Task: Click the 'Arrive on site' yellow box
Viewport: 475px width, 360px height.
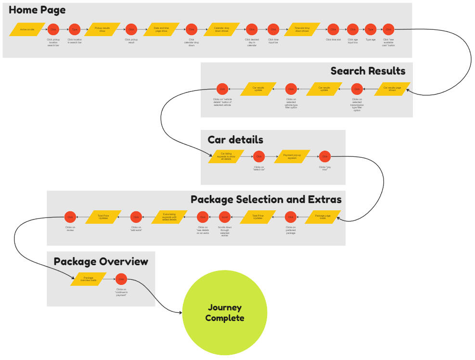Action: pyautogui.click(x=27, y=29)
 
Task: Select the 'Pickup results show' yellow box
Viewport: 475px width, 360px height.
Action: pyautogui.click(x=102, y=29)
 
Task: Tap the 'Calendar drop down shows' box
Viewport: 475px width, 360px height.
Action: pyautogui.click(x=221, y=29)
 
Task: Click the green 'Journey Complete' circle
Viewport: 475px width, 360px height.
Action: pyautogui.click(x=224, y=313)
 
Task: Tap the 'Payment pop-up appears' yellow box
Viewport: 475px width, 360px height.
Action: pyautogui.click(x=292, y=156)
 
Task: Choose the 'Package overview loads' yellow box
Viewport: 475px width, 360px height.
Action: pyautogui.click(x=88, y=279)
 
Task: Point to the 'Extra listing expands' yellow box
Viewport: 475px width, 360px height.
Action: pyautogui.click(x=169, y=218)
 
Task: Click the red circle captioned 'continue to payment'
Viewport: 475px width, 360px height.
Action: pyautogui.click(x=121, y=279)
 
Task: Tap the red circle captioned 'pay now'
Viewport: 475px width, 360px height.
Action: pyautogui.click(x=325, y=156)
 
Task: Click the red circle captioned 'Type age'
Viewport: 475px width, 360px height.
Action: pyautogui.click(x=371, y=29)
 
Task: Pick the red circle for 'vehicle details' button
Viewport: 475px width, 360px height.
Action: pyautogui.click(x=222, y=89)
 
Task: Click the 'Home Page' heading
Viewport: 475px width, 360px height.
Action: pyautogui.click(x=37, y=10)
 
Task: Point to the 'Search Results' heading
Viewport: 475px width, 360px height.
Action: pyautogui.click(x=368, y=71)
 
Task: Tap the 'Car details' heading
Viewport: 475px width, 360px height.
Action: pyautogui.click(x=235, y=140)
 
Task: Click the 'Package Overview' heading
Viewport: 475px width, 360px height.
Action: pyautogui.click(x=101, y=262)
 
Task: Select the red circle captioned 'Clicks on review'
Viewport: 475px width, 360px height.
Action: pyautogui.click(x=70, y=218)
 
